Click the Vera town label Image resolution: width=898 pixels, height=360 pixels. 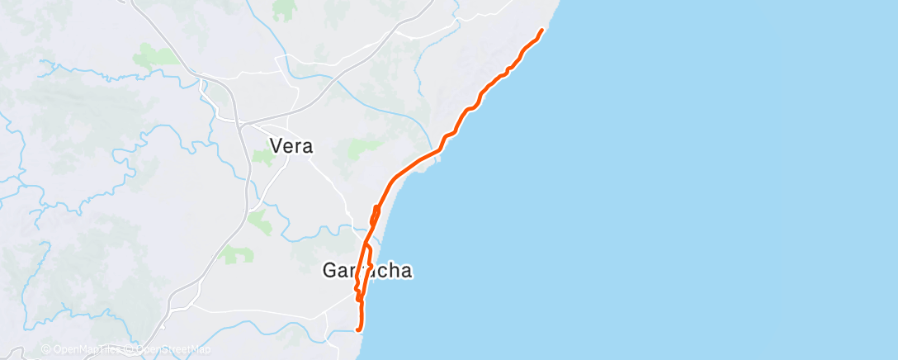coord(291,146)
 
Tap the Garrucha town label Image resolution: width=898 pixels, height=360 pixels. coord(366,271)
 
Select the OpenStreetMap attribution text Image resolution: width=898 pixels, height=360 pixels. coord(168,350)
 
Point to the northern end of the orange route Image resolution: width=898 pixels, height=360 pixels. coord(542,31)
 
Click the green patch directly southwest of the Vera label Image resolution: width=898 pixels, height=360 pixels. coord(262,157)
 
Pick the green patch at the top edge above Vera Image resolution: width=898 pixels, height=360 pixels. coord(284,9)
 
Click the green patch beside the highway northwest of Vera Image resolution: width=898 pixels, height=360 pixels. coord(154,56)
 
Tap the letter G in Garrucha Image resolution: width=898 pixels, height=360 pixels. coord(328,271)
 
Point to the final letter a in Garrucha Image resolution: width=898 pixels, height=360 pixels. coord(405,271)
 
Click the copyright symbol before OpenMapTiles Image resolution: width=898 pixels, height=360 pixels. coord(45,350)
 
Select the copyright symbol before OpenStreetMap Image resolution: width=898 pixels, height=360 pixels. coord(130,350)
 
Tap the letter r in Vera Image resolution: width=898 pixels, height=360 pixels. coord(299,147)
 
